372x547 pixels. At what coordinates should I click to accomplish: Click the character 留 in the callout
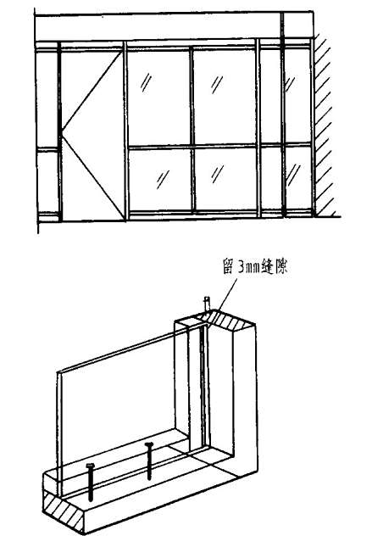(228, 266)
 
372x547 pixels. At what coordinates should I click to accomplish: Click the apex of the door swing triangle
(63, 131)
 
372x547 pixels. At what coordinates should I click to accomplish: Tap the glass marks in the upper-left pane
(146, 82)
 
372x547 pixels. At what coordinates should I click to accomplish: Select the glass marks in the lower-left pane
(163, 179)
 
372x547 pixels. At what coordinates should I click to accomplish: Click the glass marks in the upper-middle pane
(217, 84)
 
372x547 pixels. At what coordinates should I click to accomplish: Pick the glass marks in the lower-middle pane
(218, 174)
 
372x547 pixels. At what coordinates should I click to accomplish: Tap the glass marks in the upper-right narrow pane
(290, 84)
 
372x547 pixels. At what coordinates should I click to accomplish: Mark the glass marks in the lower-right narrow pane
(293, 175)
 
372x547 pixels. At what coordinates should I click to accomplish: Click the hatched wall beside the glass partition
(325, 126)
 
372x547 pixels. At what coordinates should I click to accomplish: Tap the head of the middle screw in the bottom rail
(149, 444)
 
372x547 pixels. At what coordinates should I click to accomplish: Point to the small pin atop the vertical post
(207, 303)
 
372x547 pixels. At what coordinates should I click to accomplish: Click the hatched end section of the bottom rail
(63, 511)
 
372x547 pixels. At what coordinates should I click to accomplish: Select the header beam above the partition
(175, 26)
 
